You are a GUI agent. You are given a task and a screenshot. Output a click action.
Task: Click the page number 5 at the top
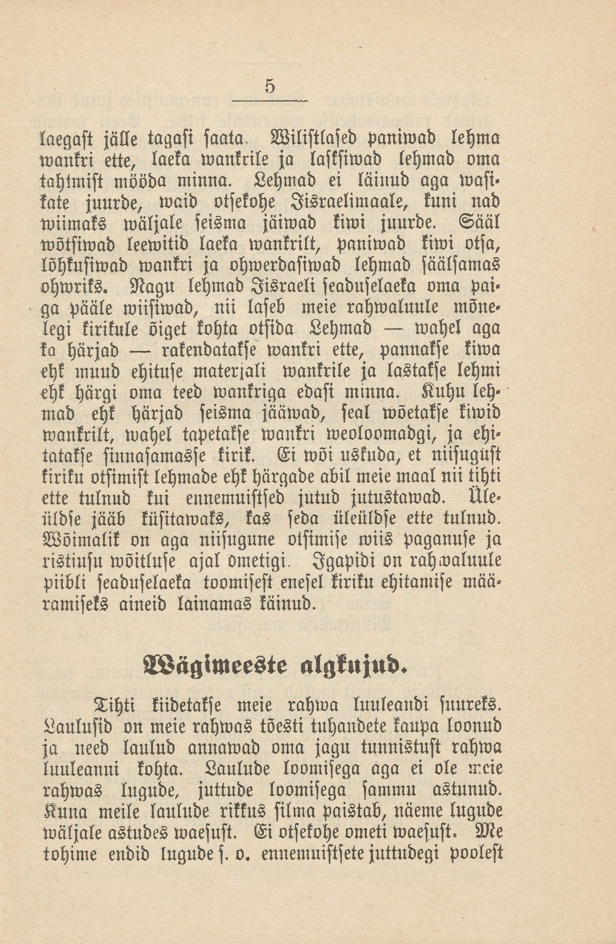click(x=270, y=86)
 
